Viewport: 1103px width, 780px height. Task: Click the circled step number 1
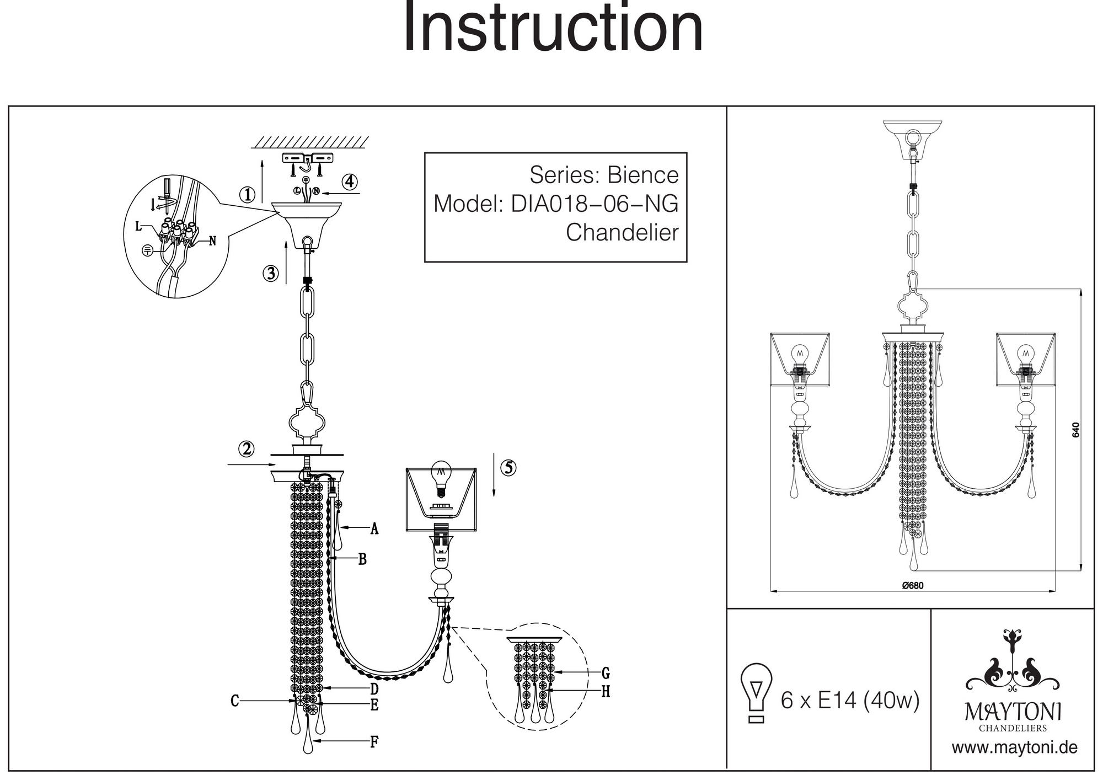click(x=248, y=194)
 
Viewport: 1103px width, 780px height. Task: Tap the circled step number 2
click(x=246, y=449)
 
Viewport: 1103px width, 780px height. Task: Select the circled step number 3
click(x=270, y=273)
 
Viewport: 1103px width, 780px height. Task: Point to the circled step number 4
click(x=349, y=181)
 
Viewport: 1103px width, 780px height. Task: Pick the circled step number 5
click(x=508, y=468)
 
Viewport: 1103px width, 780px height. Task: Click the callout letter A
click(x=374, y=529)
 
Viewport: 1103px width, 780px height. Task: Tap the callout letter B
click(x=362, y=559)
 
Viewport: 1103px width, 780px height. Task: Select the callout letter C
click(x=234, y=701)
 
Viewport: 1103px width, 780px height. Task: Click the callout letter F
click(x=374, y=742)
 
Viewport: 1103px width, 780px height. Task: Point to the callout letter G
click(x=606, y=673)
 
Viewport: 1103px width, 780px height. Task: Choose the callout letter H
click(x=606, y=692)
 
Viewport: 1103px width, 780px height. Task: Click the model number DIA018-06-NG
click(x=595, y=204)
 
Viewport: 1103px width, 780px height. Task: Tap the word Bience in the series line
click(x=642, y=175)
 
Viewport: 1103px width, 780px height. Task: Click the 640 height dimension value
click(x=1075, y=430)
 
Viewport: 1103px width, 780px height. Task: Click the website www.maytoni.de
click(x=1014, y=748)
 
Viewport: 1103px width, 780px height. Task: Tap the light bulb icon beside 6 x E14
click(x=756, y=692)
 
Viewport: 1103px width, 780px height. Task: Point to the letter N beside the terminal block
click(x=212, y=241)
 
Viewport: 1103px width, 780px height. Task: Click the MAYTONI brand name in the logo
click(x=1013, y=712)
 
